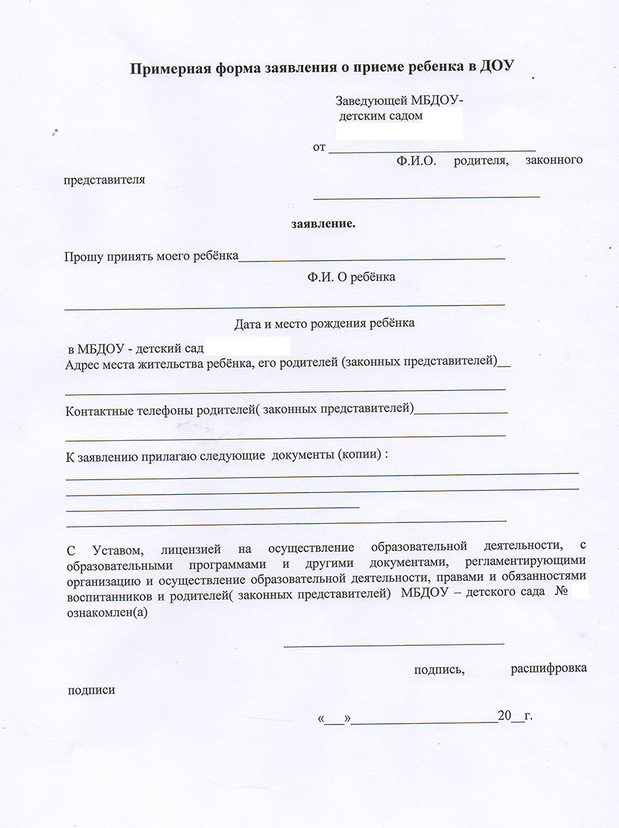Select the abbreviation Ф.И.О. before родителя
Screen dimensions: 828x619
pos(416,161)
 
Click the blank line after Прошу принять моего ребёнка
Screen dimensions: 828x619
pos(372,258)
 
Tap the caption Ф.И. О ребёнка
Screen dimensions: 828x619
pos(352,277)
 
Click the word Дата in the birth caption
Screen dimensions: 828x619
pos(247,323)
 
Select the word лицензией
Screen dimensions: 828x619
pos(191,551)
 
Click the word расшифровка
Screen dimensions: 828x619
pos(549,669)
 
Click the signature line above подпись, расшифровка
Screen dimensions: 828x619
pos(394,644)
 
